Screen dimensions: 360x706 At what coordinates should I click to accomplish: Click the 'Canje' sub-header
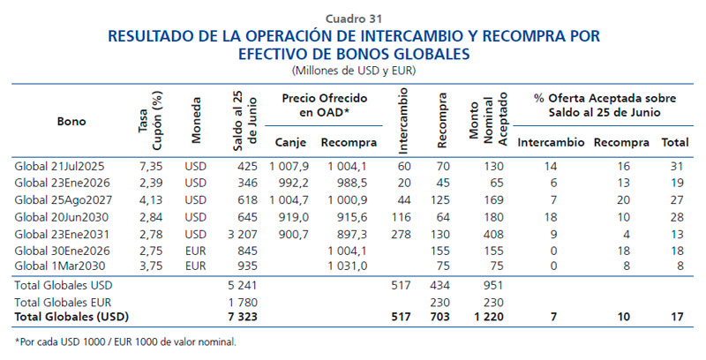tap(289, 142)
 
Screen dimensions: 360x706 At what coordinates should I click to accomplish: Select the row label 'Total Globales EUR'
tap(60, 301)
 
